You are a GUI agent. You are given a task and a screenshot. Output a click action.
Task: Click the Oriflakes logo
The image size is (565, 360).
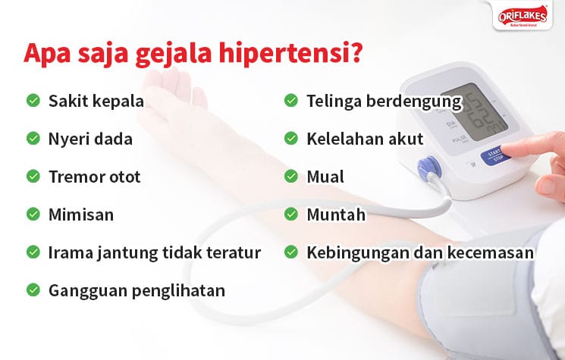click(x=526, y=16)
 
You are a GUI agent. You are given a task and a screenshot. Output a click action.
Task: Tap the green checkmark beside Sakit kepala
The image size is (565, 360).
click(x=33, y=100)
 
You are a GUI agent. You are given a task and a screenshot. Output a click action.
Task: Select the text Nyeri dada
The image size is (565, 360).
click(x=90, y=139)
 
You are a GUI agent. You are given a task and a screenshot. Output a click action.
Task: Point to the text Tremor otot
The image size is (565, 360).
click(x=94, y=177)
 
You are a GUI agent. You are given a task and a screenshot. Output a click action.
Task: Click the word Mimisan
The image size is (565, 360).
click(x=81, y=214)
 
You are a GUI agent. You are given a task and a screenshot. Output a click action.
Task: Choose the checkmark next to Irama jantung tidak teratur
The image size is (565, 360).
click(x=33, y=252)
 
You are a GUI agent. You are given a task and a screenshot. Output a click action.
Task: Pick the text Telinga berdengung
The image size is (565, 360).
click(x=384, y=100)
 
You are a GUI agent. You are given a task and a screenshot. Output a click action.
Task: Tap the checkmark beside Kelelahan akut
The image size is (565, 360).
click(x=291, y=139)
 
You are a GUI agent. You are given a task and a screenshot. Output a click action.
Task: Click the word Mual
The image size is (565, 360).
click(x=325, y=177)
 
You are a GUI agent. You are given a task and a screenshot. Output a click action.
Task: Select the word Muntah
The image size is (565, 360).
click(x=336, y=214)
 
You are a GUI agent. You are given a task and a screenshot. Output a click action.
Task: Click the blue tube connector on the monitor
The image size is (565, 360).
click(x=428, y=165)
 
